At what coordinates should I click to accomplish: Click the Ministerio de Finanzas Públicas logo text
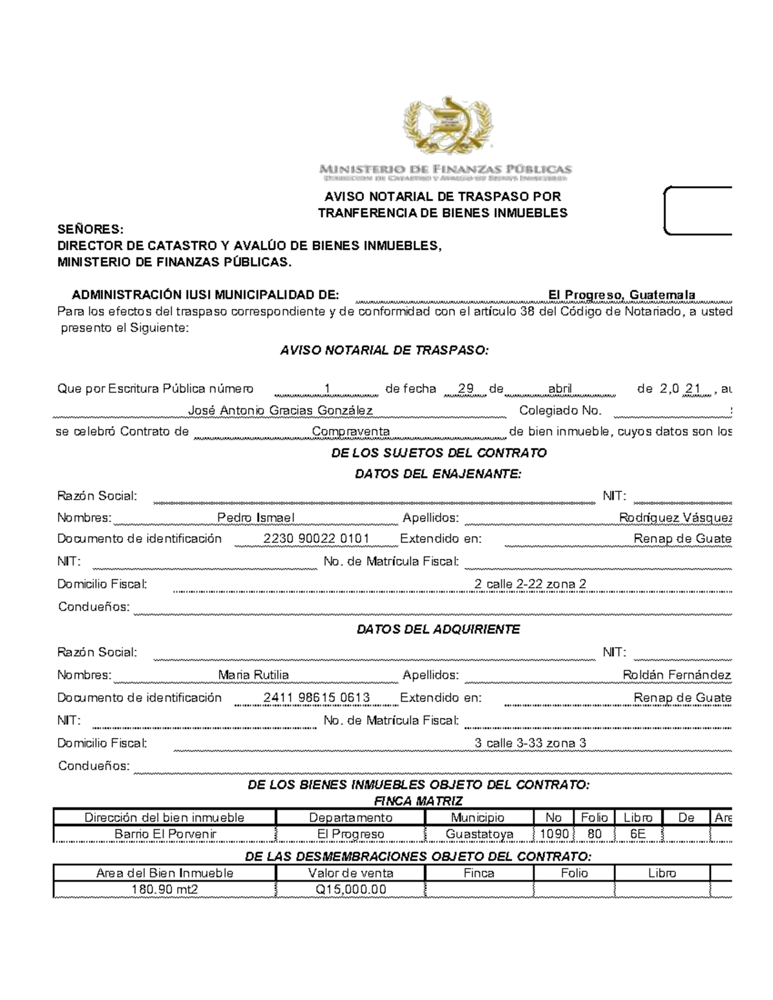click(x=445, y=169)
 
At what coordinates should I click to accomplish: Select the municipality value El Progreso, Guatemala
click(x=621, y=295)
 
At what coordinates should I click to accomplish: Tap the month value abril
click(x=560, y=389)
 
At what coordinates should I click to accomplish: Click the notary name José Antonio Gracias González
click(x=280, y=410)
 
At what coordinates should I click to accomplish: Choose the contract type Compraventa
click(x=350, y=431)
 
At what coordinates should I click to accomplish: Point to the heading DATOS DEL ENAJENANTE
click(x=438, y=475)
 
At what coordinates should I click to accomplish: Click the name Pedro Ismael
click(x=256, y=518)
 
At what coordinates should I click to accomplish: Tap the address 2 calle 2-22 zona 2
click(x=530, y=584)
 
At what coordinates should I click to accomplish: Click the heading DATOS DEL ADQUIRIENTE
click(x=438, y=629)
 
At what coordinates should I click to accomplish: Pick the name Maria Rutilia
click(x=253, y=675)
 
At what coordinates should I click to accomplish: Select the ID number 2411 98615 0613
click(x=316, y=697)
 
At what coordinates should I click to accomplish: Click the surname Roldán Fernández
click(x=676, y=675)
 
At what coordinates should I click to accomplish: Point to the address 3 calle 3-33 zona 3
click(x=530, y=743)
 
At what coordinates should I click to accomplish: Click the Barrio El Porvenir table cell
click(x=165, y=834)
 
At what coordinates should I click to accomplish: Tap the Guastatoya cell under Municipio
click(x=479, y=834)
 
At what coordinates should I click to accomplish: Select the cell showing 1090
click(x=553, y=834)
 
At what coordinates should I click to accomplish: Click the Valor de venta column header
click(x=350, y=873)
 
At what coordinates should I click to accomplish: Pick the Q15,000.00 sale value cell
click(x=350, y=890)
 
